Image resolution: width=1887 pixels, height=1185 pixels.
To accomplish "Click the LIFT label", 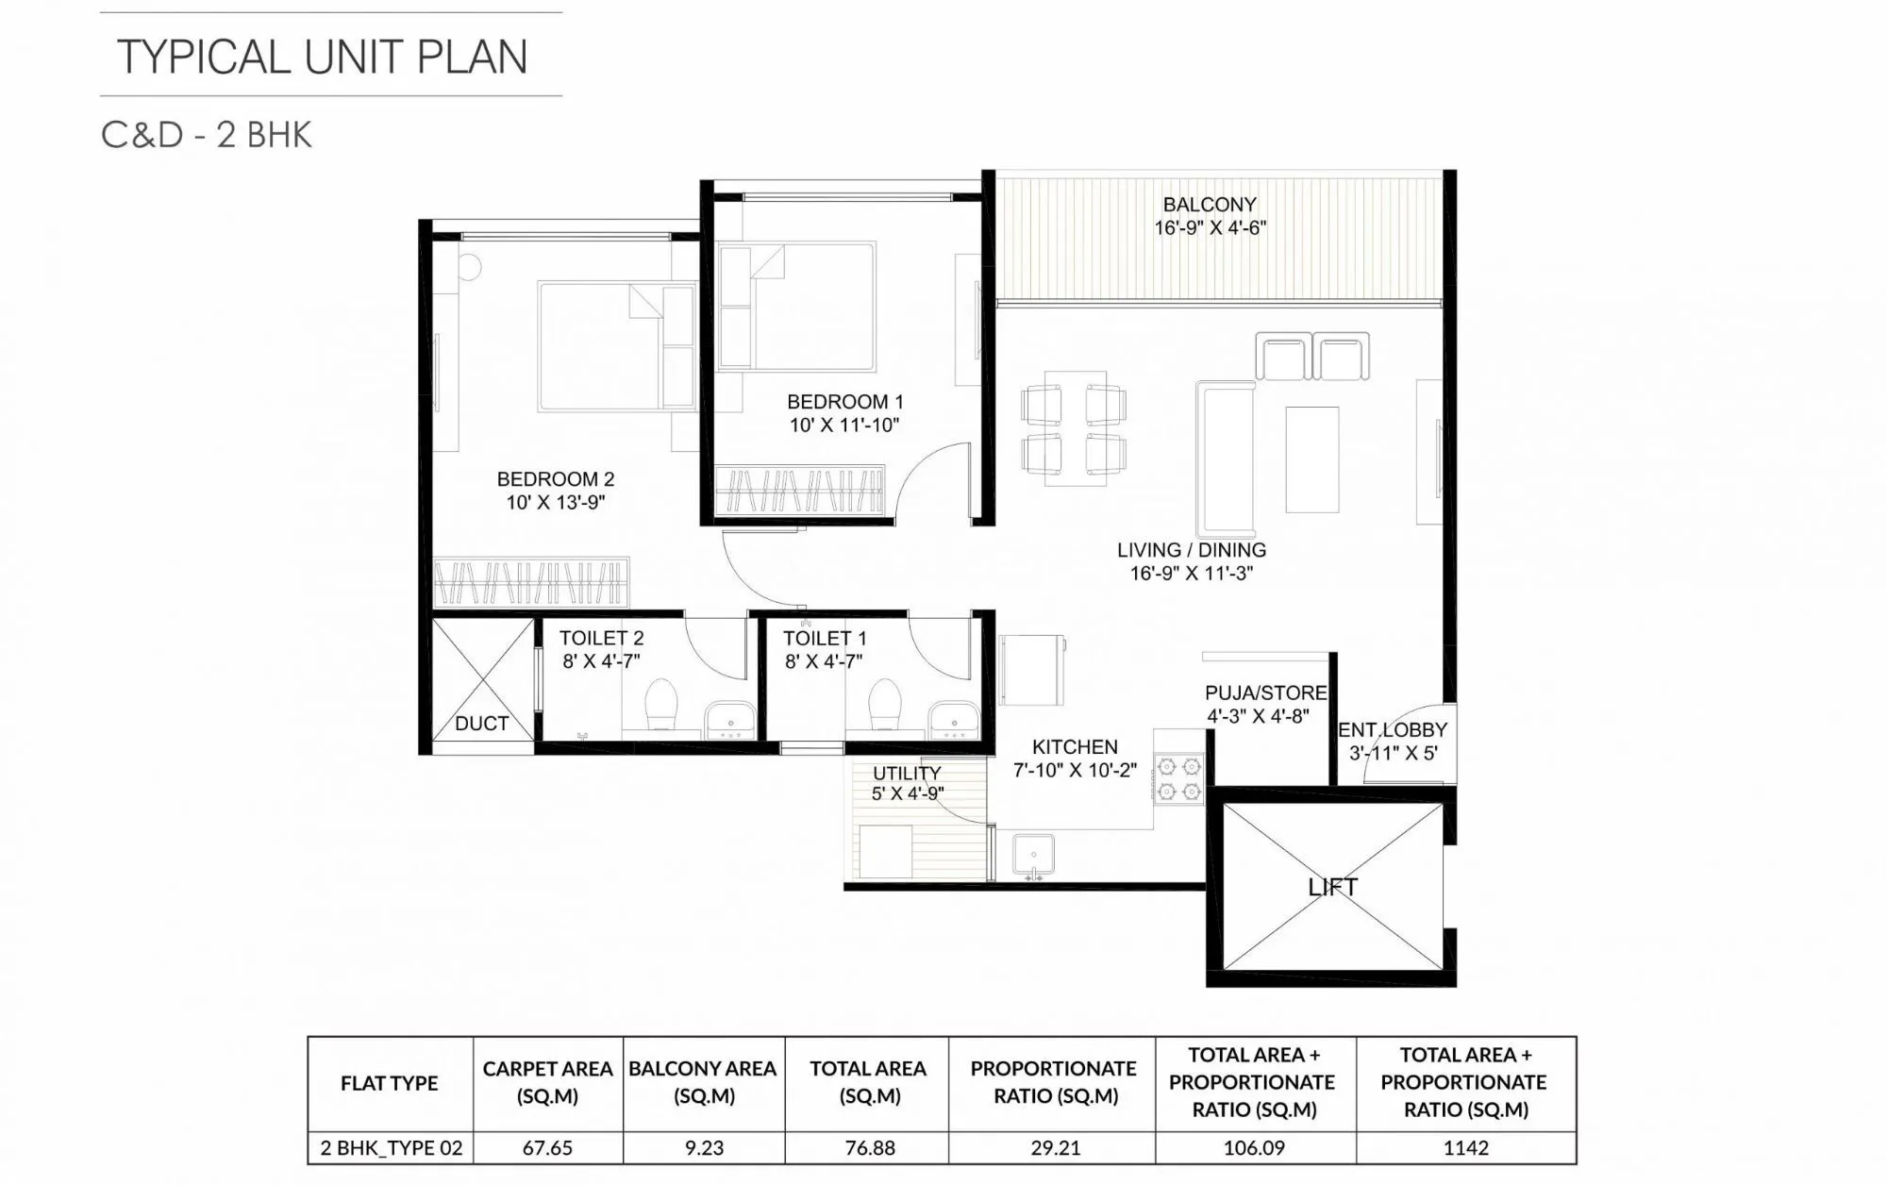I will pos(1332,887).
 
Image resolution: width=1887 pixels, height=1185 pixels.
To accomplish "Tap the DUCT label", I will pos(481,724).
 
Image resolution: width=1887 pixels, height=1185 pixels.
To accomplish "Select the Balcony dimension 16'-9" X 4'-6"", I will pos(1210,228).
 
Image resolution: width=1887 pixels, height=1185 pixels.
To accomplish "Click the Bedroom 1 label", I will pos(844,402).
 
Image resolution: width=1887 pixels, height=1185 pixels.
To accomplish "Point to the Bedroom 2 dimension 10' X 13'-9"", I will pos(555,503).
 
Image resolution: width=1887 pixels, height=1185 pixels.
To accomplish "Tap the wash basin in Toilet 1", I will pos(953,720).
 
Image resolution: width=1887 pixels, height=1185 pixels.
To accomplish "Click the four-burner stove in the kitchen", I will pos(1179,778).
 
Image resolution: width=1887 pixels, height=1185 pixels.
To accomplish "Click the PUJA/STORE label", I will pos(1265,693).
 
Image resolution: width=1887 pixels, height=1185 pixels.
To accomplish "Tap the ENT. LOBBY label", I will pos(1392,730).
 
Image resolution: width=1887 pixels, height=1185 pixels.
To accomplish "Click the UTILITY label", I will pos(906,774).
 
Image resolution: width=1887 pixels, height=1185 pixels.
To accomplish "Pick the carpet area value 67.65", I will pos(547,1148).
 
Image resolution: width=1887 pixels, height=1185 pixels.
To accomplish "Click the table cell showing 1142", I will pos(1465,1148).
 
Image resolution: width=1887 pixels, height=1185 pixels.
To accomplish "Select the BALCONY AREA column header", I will pos(702,1082).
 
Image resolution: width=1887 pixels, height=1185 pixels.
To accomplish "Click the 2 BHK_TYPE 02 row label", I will pos(391,1148).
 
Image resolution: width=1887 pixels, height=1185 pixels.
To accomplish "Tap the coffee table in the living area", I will pos(1311,459).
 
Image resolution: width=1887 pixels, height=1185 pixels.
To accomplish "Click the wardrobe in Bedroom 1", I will pos(799,491).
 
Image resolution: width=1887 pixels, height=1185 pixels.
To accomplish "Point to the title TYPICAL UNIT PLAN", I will pos(322,57).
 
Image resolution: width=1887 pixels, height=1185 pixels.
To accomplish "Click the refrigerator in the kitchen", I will pos(1031,670).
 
